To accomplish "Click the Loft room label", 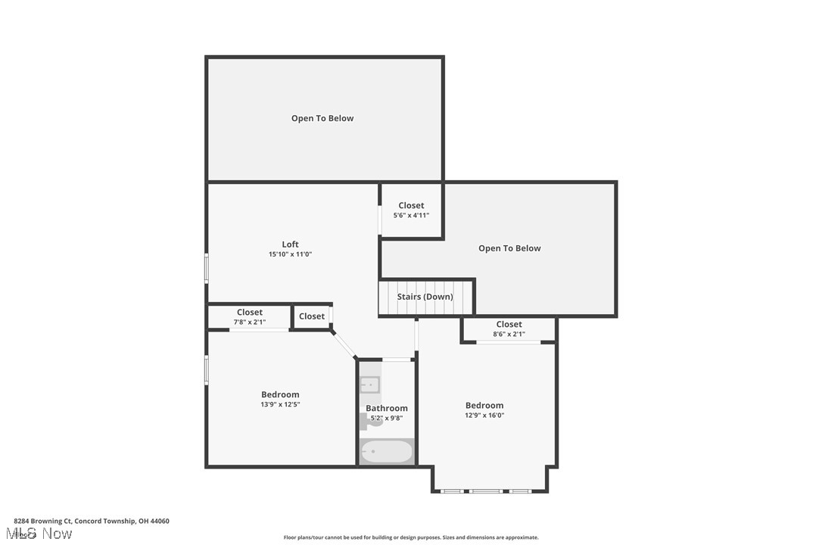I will click(290, 244).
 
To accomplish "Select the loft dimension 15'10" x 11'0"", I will click(290, 254).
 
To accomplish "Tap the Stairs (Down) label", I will click(425, 297).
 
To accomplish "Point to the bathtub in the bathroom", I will click(387, 452).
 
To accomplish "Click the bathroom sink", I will click(369, 385).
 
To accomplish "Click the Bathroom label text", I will click(387, 408).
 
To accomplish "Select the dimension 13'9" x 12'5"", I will click(280, 404).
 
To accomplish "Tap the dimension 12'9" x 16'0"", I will click(484, 415).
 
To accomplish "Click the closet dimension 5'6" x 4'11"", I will click(411, 215).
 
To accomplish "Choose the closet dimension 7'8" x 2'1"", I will click(249, 322).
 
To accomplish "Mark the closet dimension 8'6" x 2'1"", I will click(509, 334).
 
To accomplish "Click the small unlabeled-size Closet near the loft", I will click(311, 316).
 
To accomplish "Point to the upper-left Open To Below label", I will click(322, 118).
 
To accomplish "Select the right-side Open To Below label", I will click(509, 248).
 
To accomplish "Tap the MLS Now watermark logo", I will click(42, 534).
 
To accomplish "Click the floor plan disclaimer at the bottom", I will click(411, 537).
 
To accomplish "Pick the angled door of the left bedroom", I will click(344, 344).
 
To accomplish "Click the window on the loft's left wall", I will click(207, 268).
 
